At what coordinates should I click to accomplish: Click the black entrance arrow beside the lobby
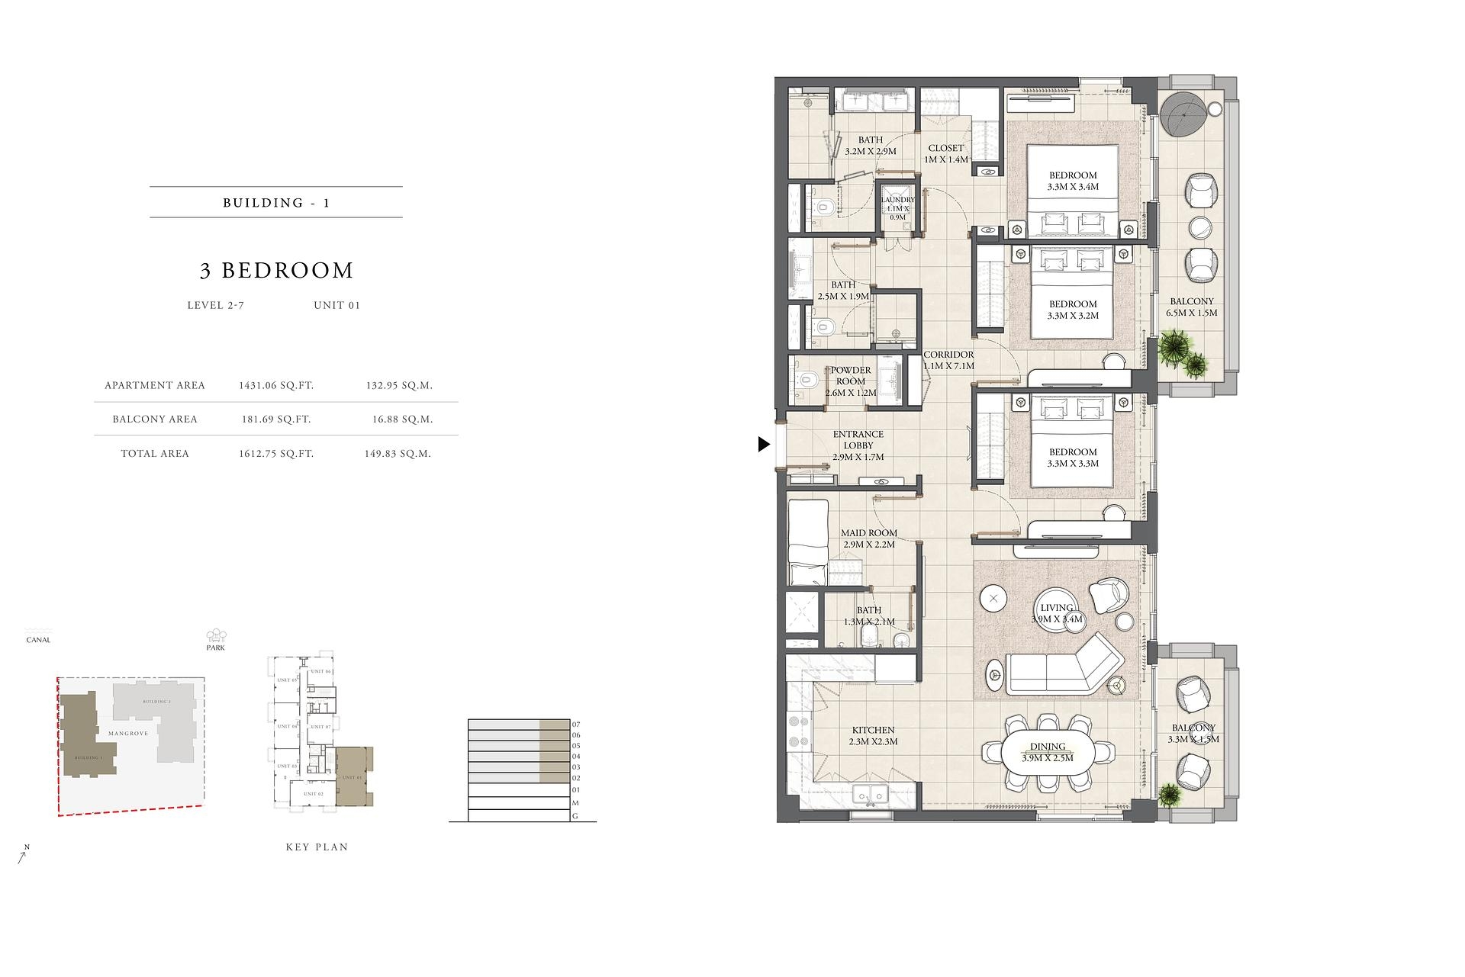tap(764, 444)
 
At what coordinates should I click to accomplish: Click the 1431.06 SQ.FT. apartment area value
tap(276, 386)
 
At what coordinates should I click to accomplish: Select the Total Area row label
tap(155, 454)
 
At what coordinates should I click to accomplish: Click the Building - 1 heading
tap(276, 203)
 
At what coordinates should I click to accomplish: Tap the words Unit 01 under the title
tap(336, 305)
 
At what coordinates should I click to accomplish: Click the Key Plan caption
tap(317, 847)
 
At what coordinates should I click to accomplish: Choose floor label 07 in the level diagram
tap(576, 725)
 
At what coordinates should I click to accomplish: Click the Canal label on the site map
tap(38, 640)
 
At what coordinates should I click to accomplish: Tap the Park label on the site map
tap(216, 648)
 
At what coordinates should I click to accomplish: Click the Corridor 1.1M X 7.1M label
tap(948, 360)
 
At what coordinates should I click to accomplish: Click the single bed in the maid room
tap(807, 543)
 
